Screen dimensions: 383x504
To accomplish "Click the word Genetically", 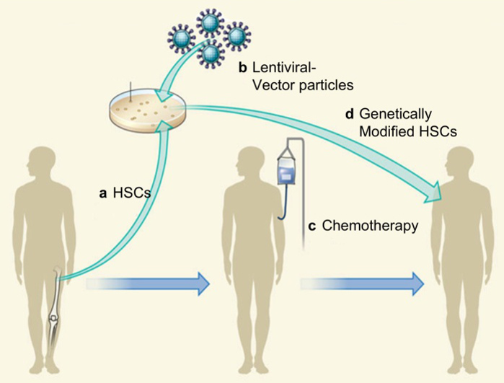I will pos(397,114).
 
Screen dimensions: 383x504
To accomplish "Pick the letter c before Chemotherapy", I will pos(311,226).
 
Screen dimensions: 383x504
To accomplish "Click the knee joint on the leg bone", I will pos(52,317).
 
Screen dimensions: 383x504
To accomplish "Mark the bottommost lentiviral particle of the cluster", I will pos(211,53).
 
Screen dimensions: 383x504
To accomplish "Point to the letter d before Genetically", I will pos(350,114).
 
